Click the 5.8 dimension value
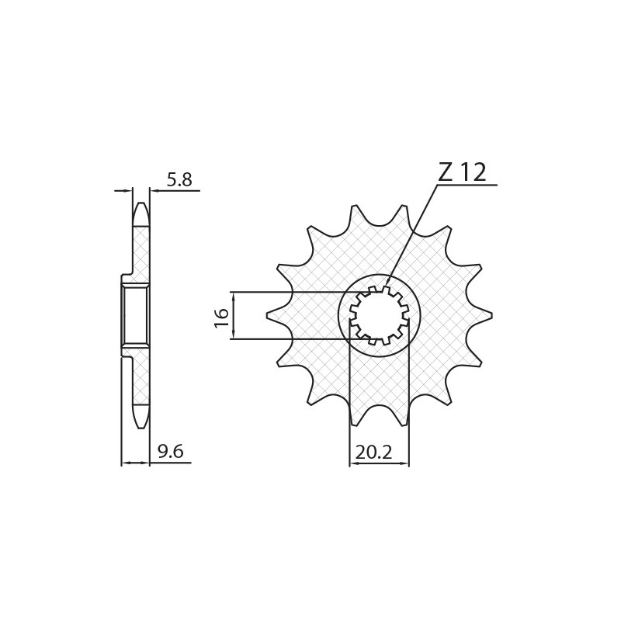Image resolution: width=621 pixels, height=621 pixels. pyautogui.click(x=179, y=180)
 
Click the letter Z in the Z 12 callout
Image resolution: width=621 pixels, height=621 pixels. pyautogui.click(x=446, y=172)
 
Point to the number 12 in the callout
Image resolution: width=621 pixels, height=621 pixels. pyautogui.click(x=473, y=172)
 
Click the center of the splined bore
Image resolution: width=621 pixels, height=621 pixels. pyautogui.click(x=379, y=316)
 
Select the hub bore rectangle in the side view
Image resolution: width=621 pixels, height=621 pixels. pyautogui.click(x=135, y=315)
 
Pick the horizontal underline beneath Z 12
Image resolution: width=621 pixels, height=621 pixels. pyautogui.click(x=466, y=186)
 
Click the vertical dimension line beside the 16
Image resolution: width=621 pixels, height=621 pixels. pyautogui.click(x=234, y=316)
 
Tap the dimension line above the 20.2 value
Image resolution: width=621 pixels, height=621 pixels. pyautogui.click(x=379, y=463)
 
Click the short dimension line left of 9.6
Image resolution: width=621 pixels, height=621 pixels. pyautogui.click(x=135, y=463)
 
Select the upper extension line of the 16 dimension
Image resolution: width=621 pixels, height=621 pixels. pyautogui.click(x=295, y=293)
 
